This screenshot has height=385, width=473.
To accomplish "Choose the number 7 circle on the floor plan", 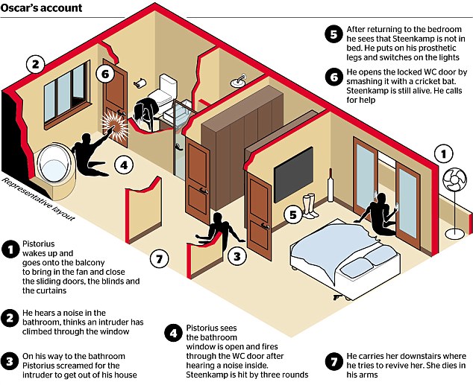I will pos(157,258).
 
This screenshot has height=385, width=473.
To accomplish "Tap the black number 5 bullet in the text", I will pos(333,34).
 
